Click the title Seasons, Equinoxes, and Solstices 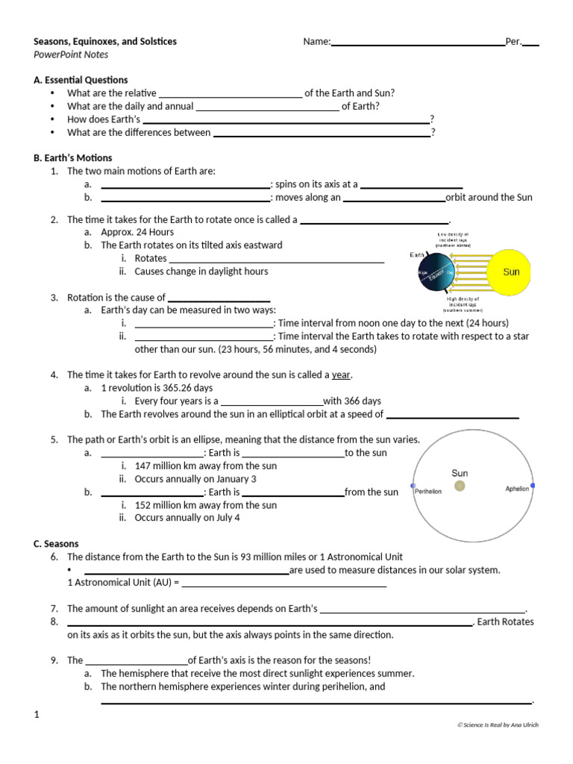point(105,42)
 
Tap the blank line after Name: point(417,43)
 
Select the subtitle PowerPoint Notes point(71,54)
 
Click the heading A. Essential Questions point(81,80)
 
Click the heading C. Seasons point(56,544)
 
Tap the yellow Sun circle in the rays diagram point(510,272)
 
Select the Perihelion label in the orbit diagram point(428,492)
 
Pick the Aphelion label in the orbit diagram point(516,489)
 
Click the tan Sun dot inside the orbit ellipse point(460,486)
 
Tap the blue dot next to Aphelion point(533,486)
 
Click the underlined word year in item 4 point(341,375)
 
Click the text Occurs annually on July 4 point(187,518)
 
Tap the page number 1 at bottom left point(36,716)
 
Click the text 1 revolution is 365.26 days point(157,388)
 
